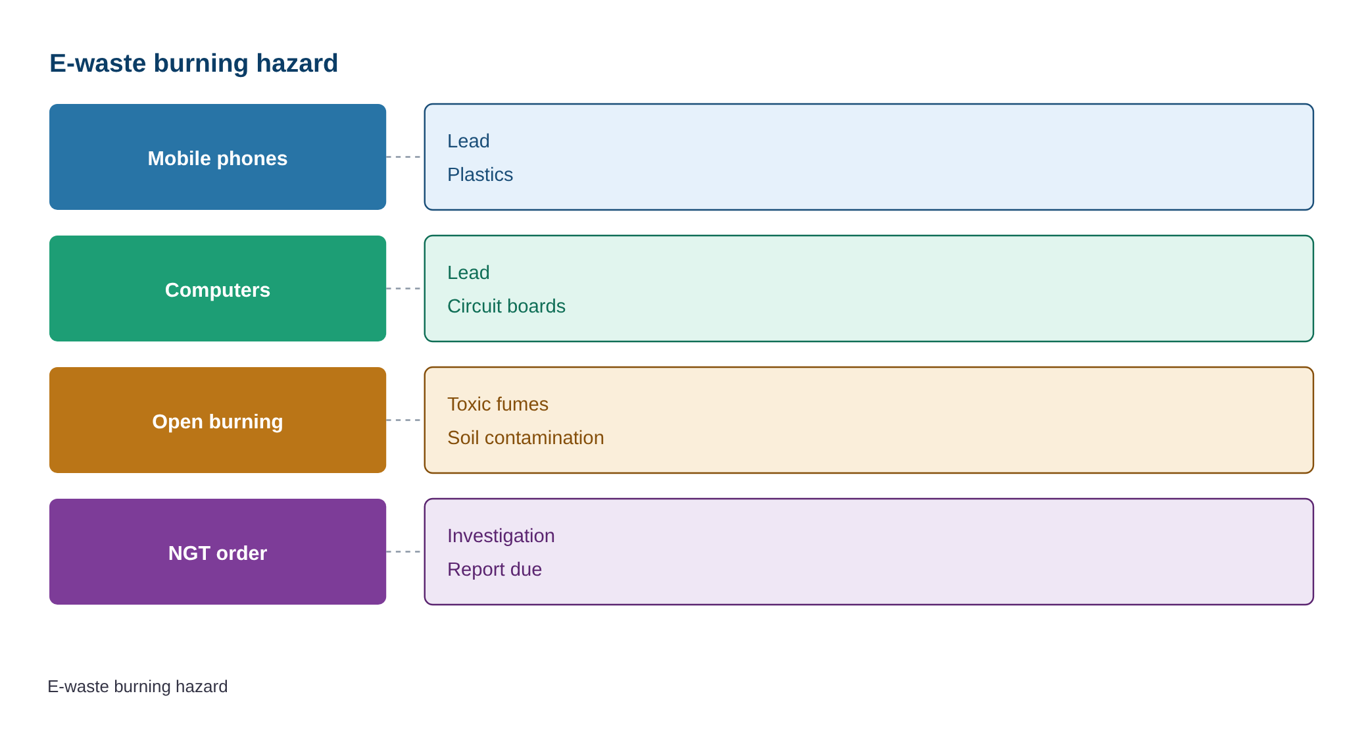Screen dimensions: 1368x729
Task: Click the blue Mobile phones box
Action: point(218,157)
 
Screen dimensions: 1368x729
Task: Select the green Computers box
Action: point(218,288)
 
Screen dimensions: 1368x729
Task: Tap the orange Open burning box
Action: point(218,420)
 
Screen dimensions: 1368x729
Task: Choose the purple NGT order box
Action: point(218,551)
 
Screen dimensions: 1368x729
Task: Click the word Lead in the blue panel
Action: point(468,141)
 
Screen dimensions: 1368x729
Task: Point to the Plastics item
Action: point(480,174)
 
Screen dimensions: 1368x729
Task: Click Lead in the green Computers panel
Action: point(468,272)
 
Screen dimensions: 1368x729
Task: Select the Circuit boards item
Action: point(506,306)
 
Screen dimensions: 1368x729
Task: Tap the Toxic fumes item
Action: point(498,404)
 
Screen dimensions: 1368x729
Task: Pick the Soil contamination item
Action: point(525,438)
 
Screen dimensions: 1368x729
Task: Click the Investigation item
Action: point(501,536)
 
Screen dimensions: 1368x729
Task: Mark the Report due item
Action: point(495,569)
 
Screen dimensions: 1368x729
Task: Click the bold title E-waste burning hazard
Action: point(194,63)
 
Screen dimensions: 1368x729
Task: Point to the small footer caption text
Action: point(137,686)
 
